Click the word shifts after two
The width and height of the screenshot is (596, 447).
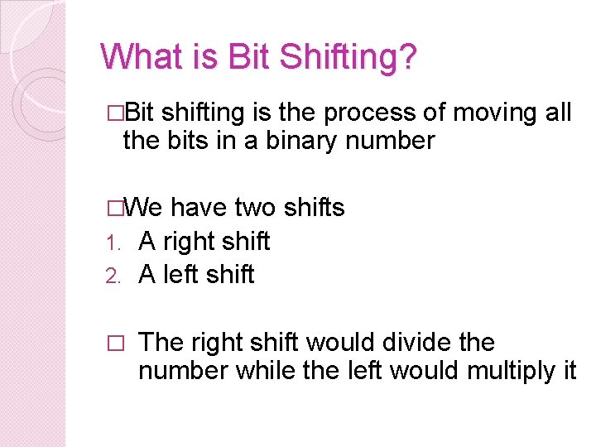click(x=314, y=207)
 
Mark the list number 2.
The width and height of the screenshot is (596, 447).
click(x=114, y=276)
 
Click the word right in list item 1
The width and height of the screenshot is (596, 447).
click(x=190, y=241)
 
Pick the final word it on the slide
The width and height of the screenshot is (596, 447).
click(x=569, y=371)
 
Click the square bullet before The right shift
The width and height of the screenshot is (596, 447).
click(x=115, y=343)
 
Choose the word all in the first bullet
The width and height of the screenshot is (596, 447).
click(x=559, y=112)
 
